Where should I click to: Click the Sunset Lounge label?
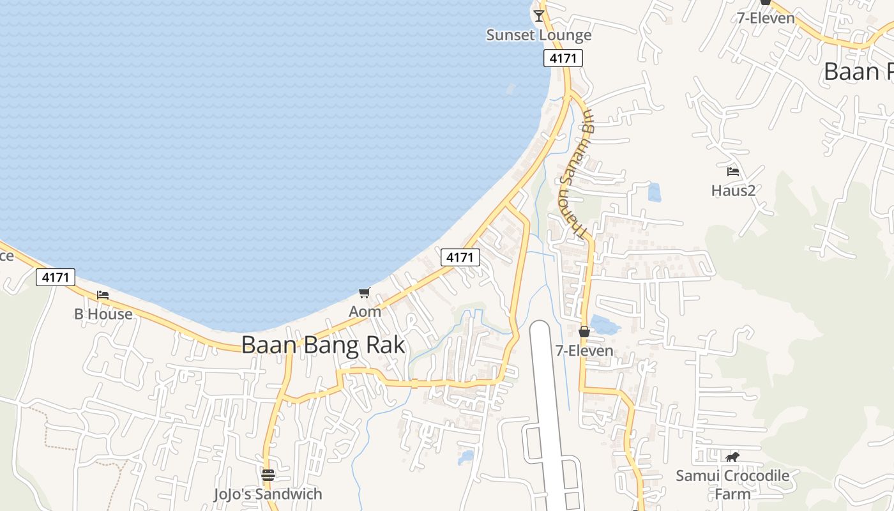click(539, 34)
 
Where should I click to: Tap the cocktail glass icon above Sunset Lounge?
click(539, 15)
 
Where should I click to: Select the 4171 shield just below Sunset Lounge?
click(563, 58)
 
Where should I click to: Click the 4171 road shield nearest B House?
click(56, 277)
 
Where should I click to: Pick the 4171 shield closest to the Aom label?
click(460, 257)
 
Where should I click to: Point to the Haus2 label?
click(733, 190)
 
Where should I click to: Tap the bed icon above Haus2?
click(733, 171)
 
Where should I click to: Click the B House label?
click(103, 314)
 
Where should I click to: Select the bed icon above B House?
click(103, 295)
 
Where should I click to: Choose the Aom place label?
click(365, 312)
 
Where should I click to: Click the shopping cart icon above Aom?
click(365, 293)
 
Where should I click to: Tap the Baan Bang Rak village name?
click(323, 345)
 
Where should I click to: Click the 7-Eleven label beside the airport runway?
click(584, 351)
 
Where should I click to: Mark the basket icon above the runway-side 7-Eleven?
click(584, 332)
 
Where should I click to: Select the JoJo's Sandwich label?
click(268, 494)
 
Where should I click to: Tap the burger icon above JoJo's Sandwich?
click(268, 475)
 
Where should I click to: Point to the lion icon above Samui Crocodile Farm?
click(732, 457)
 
